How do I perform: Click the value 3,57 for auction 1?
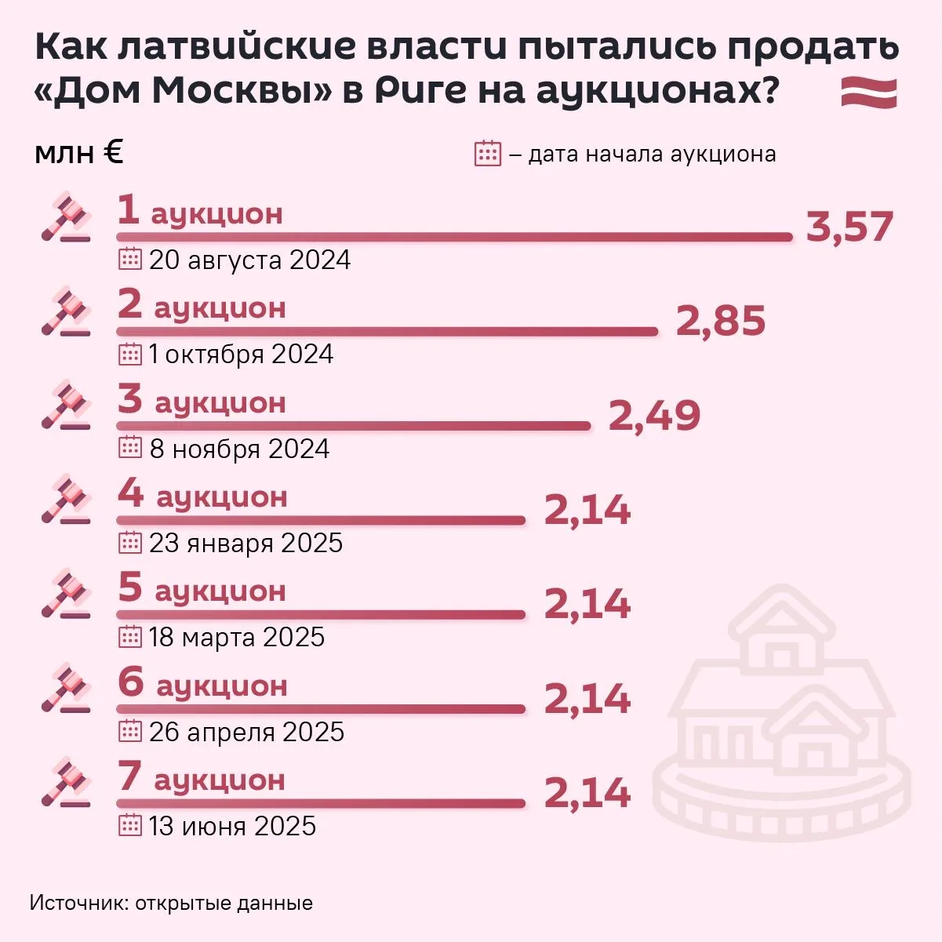click(x=849, y=227)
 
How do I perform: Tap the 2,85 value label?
click(x=720, y=321)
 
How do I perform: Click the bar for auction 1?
click(x=455, y=237)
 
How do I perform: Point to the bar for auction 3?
click(x=353, y=426)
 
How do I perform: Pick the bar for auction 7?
click(x=321, y=803)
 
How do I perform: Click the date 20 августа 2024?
click(x=249, y=260)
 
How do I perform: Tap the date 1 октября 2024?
click(x=241, y=355)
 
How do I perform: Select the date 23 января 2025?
click(x=246, y=543)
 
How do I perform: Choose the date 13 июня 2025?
click(x=232, y=826)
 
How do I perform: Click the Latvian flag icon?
click(x=869, y=93)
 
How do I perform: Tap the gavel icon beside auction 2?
click(x=66, y=312)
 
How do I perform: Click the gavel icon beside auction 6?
click(x=66, y=689)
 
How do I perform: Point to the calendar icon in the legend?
click(x=488, y=154)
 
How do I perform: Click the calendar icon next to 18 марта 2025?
click(x=129, y=637)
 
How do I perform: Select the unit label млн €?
click(x=79, y=153)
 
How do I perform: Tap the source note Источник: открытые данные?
click(x=171, y=903)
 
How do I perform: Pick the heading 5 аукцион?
click(x=202, y=589)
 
